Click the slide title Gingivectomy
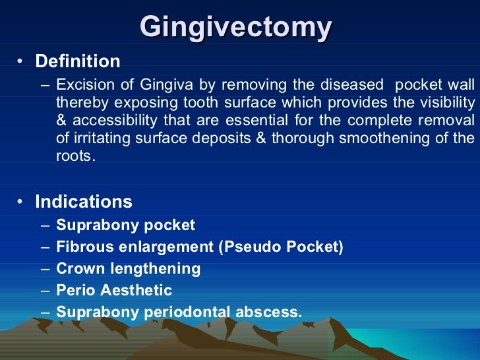coord(236,27)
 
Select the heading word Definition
coord(78,62)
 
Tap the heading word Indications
coord(84,202)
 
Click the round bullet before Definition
coord(21,63)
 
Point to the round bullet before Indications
coord(21,202)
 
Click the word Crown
coord(78,269)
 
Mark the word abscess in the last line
coord(272,312)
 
